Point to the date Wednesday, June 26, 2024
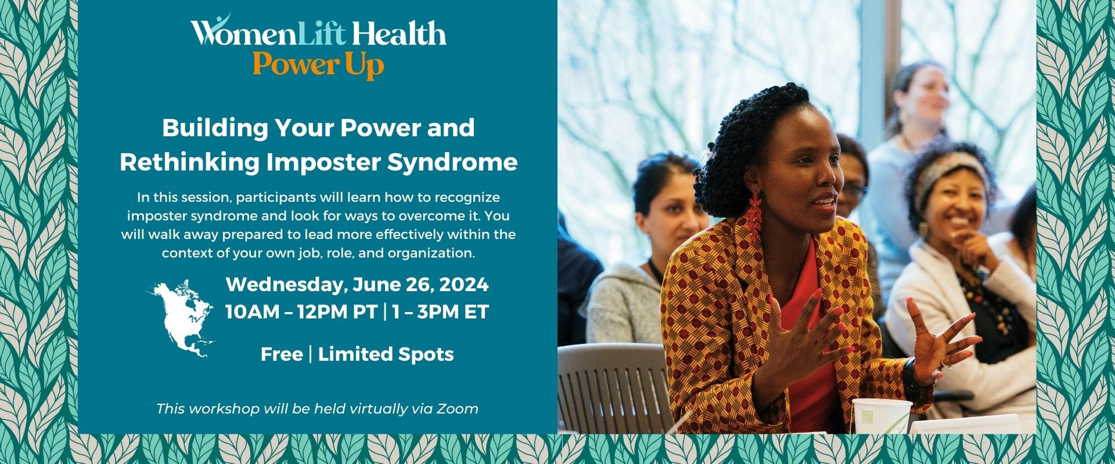[357, 285]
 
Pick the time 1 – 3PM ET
[440, 312]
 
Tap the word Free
[282, 354]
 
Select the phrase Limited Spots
[386, 354]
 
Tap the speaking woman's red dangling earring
[754, 216]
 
